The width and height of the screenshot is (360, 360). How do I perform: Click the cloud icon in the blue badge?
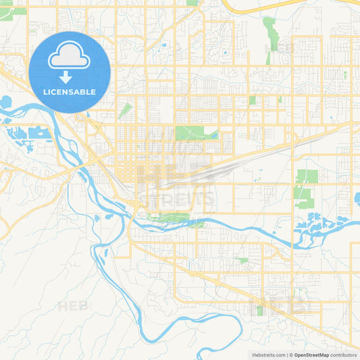tap(70, 57)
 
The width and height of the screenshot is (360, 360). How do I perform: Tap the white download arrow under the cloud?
tap(66, 76)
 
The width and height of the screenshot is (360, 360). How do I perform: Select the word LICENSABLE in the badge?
tap(70, 92)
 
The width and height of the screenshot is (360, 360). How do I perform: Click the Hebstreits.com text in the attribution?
tap(267, 355)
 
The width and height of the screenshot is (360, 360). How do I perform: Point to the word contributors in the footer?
tap(344, 355)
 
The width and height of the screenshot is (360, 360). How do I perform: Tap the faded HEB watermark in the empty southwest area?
tap(73, 306)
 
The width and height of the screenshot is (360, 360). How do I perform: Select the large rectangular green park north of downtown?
tap(192, 132)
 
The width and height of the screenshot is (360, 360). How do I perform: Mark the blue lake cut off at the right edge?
tap(356, 199)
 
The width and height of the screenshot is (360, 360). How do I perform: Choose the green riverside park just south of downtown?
tap(169, 217)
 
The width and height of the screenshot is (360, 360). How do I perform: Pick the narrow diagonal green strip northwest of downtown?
tap(125, 111)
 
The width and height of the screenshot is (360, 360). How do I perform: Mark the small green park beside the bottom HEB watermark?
tap(258, 311)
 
